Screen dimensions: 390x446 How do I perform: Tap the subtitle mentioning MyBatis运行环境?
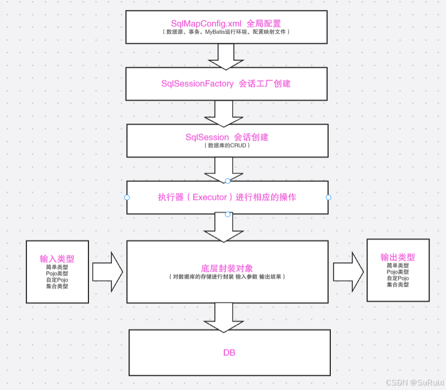tap(225, 32)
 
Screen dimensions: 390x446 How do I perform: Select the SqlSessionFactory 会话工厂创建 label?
tap(226, 84)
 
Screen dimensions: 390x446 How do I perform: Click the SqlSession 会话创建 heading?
tap(226, 137)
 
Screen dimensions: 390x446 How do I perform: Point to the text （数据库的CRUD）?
tap(226, 146)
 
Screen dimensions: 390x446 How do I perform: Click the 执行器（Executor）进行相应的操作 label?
tap(227, 197)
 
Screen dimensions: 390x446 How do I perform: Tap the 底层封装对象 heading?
tap(227, 268)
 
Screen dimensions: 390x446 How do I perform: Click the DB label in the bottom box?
tap(229, 353)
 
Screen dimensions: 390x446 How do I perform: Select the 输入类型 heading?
tap(57, 259)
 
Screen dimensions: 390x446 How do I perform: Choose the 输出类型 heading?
tap(397, 257)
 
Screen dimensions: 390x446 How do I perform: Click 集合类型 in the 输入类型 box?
tap(57, 287)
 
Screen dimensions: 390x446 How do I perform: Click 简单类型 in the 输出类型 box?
tap(397, 266)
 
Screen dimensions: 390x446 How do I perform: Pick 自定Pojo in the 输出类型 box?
tap(397, 278)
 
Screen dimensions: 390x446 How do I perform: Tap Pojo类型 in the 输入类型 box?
tap(57, 274)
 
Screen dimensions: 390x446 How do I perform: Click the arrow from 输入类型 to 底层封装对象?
tap(107, 272)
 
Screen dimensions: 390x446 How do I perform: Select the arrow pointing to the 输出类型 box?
tap(348, 272)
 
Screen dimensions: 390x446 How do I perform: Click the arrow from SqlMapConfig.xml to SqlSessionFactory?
tap(226, 56)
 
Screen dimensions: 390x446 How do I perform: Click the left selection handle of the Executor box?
tap(127, 197)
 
